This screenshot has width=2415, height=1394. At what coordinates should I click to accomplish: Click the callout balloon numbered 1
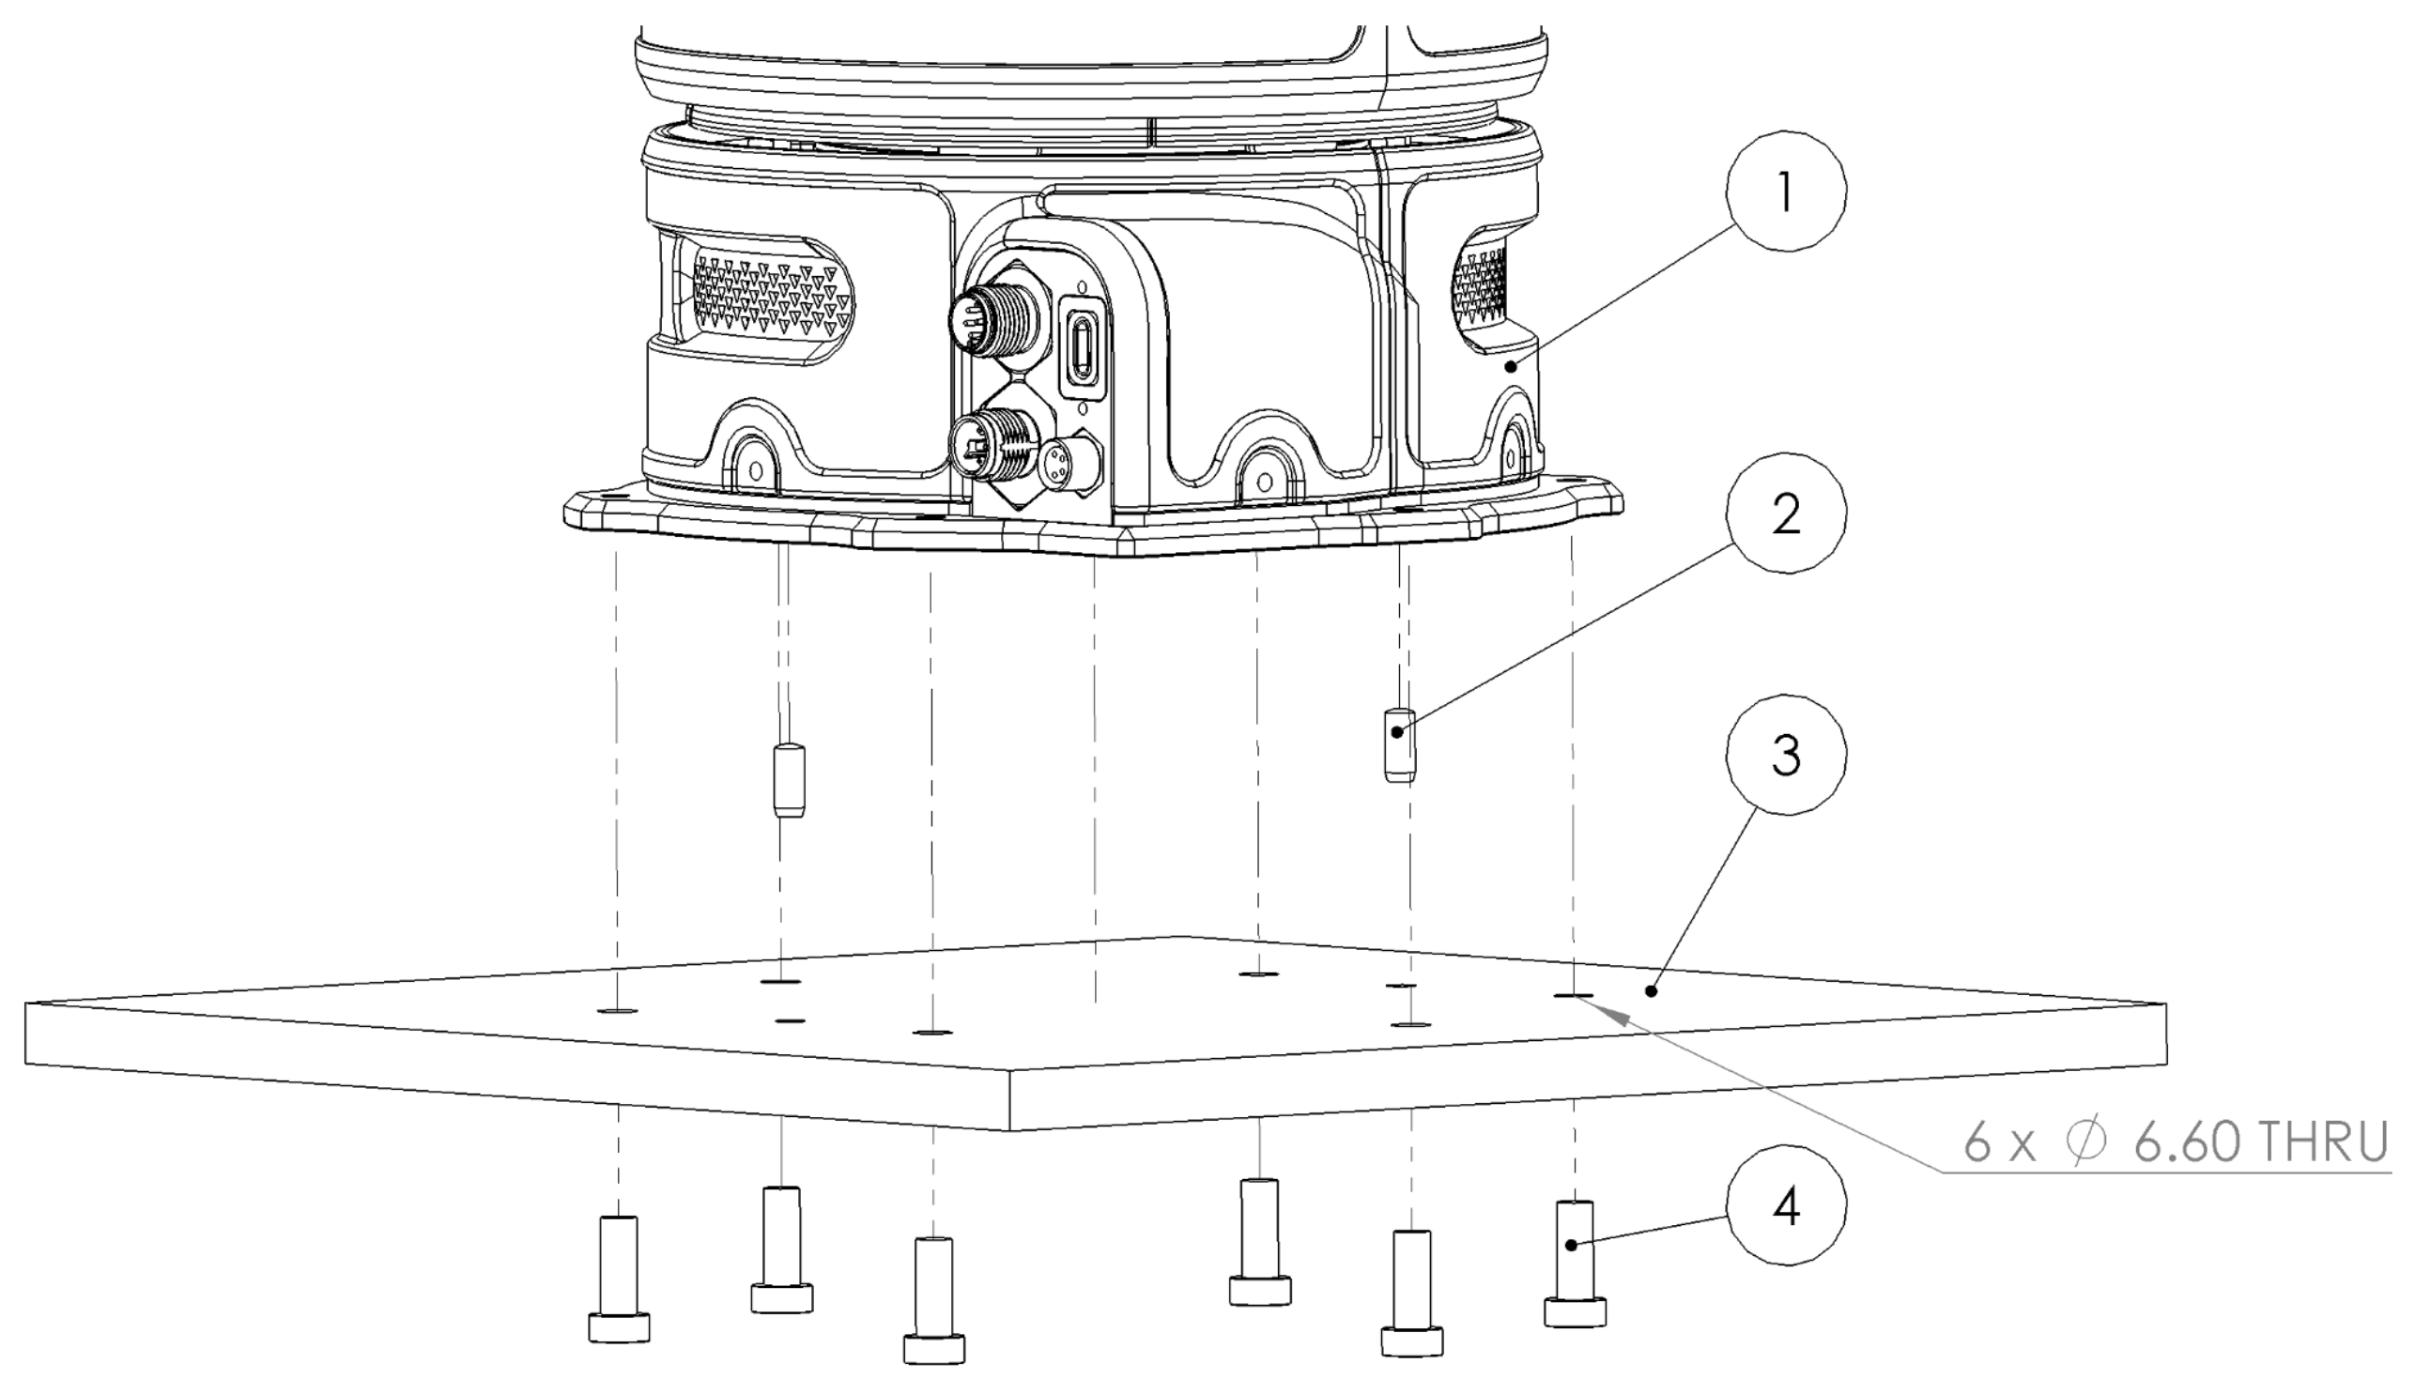point(1785,191)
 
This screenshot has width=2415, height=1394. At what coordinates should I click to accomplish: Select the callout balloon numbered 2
point(1785,514)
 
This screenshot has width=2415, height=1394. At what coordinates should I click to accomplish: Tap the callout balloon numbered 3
point(1785,756)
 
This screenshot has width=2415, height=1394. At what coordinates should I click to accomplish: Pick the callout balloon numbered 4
point(1785,1207)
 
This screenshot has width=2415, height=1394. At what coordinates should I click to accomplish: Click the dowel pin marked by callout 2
point(1400,743)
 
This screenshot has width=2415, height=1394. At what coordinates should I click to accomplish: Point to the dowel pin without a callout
point(788,780)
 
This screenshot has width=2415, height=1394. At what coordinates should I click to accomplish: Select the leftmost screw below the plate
point(618,1279)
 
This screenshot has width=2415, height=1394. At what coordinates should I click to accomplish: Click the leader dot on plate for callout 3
point(1651,991)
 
